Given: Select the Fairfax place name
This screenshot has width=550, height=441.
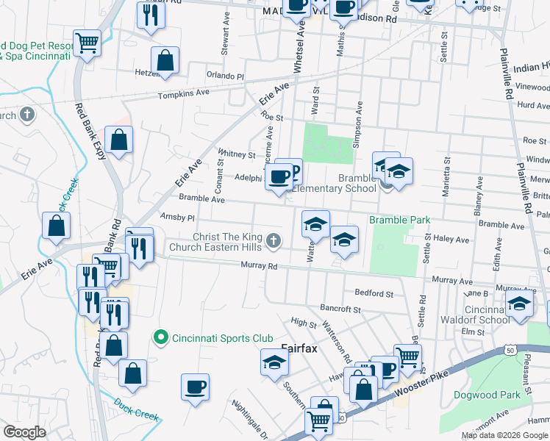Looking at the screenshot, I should tap(299, 348).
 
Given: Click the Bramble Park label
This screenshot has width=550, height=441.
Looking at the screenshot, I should tap(399, 220).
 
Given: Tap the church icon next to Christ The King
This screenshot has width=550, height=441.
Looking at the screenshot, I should tap(273, 240).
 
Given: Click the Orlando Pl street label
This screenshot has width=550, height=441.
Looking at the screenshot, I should tap(224, 76).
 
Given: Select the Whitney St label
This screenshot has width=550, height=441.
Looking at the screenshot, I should tap(236, 155).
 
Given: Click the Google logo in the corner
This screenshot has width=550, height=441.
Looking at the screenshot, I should tap(24, 432).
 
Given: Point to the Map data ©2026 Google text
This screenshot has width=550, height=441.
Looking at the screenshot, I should tap(504, 435).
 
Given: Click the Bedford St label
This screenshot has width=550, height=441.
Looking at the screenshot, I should tap(374, 293).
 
